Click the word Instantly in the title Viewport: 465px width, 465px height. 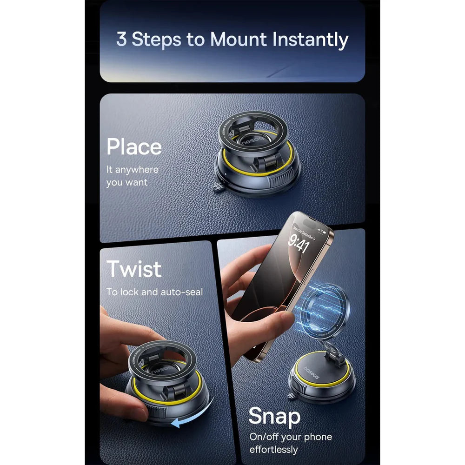tap(310, 40)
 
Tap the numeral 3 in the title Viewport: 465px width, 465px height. tap(121, 40)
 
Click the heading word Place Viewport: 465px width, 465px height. tap(134, 147)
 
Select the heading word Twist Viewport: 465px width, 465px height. tap(134, 269)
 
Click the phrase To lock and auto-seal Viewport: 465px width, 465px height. tap(154, 292)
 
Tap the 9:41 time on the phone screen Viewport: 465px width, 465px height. tap(298, 243)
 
